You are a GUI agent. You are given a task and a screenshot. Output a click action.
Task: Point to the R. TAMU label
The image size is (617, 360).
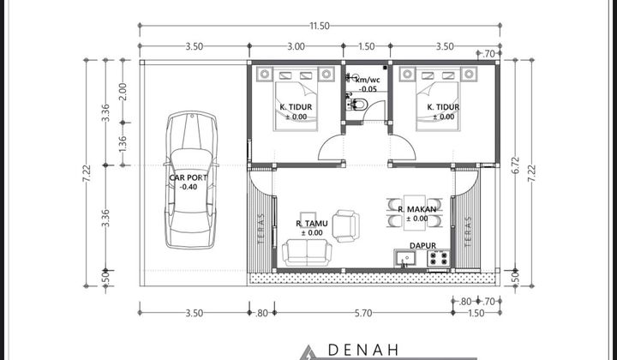coord(309,224)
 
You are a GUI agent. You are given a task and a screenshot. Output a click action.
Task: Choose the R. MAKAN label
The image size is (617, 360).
coord(417,209)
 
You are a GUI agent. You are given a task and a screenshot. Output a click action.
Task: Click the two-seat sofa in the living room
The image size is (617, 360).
coord(308,252)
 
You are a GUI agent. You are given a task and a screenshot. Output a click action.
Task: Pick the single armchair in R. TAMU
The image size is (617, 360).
coord(347,225)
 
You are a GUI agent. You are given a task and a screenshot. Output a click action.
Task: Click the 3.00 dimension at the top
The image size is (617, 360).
coord(297,47)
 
